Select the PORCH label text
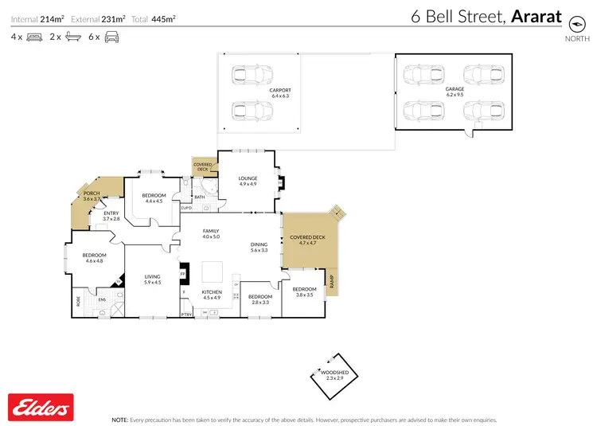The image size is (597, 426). [x=92, y=196]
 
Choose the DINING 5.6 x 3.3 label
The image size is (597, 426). [x=259, y=248]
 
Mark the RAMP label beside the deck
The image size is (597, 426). [x=333, y=281]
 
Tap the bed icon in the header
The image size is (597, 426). [x=34, y=37]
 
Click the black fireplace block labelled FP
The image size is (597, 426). [x=183, y=274]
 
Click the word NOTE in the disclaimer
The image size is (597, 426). [x=120, y=419]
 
